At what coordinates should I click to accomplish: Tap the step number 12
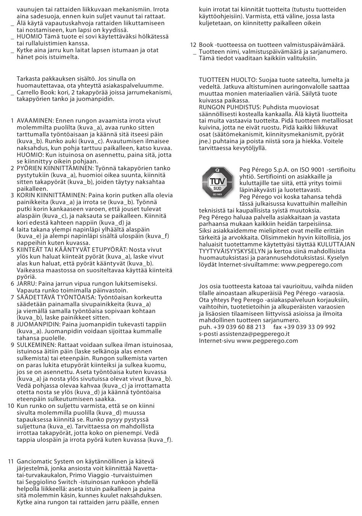tap(193, 45)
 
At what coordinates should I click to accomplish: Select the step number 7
tap(13, 297)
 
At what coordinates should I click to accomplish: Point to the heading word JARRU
tap(26, 284)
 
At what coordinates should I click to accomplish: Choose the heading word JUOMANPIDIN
tap(38, 324)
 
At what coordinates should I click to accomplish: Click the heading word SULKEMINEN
tap(36, 345)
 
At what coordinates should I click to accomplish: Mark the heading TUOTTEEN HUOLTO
tap(227, 80)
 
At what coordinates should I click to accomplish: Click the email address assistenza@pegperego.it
tap(254, 334)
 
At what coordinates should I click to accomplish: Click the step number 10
tap(11, 406)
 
